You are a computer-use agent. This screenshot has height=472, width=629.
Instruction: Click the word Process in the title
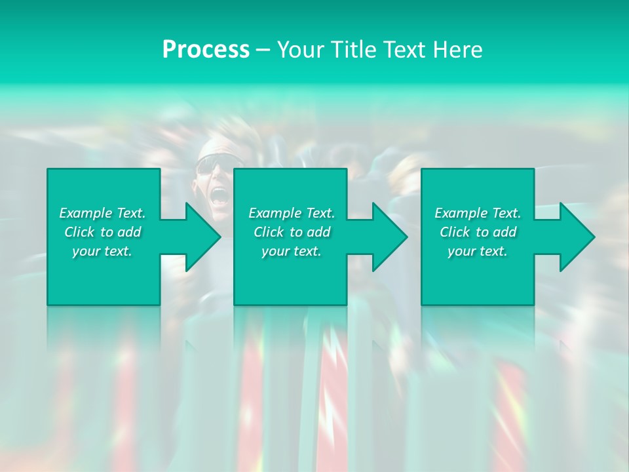206,50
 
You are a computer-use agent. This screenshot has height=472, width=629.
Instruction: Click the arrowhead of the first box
200,237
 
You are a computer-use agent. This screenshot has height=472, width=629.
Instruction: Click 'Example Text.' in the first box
102,213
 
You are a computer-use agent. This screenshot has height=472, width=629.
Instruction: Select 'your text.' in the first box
102,251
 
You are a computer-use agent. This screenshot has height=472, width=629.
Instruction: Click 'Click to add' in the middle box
292,232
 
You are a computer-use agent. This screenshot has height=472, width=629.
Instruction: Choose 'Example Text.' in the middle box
292,213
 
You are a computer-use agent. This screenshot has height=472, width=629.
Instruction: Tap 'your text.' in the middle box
292,251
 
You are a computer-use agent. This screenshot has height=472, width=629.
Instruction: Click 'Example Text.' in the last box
478,213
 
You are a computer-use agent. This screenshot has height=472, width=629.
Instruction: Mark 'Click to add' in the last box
478,232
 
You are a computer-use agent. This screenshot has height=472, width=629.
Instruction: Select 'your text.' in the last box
478,251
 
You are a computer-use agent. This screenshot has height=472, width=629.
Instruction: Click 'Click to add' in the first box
102,232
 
